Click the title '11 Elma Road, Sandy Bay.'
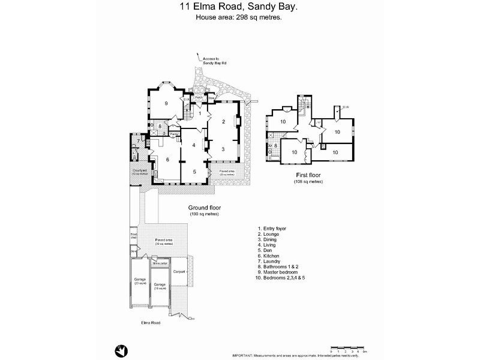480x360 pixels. [x=239, y=8]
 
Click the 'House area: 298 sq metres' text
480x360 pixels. [x=239, y=17]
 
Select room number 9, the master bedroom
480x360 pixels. [x=166, y=103]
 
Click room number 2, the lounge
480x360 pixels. [x=223, y=122]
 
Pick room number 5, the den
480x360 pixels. [x=194, y=172]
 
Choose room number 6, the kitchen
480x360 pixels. [x=167, y=159]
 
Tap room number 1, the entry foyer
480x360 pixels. [x=200, y=113]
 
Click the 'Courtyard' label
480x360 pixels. [x=139, y=172]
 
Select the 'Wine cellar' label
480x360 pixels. [x=160, y=263]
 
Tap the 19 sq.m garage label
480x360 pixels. [x=160, y=286]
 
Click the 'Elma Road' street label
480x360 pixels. [x=150, y=323]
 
